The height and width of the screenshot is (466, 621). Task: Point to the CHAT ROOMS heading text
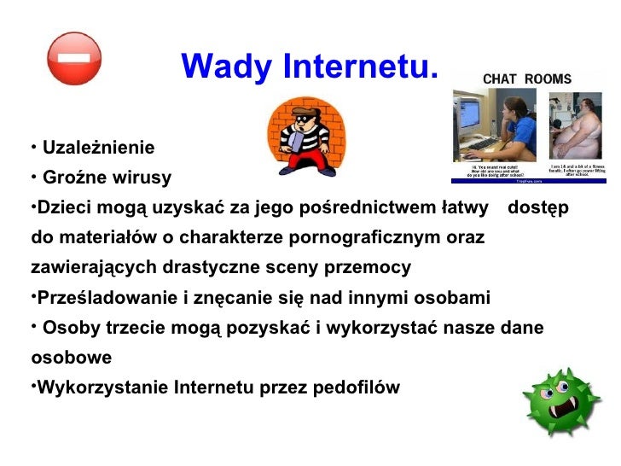[x=527, y=79]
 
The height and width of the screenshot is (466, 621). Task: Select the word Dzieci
[x=65, y=208]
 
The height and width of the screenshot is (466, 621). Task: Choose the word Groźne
[x=71, y=178]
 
